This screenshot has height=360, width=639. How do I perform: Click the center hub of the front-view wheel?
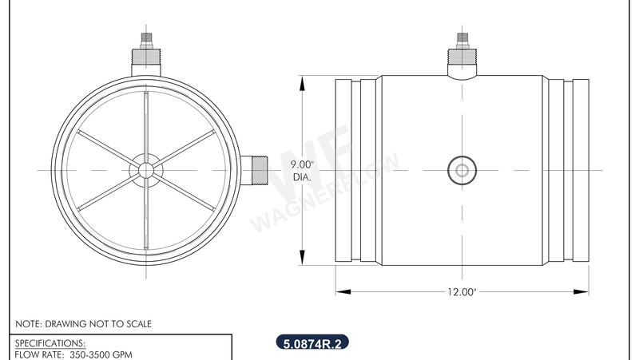145,169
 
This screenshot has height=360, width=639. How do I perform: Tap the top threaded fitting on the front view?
145,55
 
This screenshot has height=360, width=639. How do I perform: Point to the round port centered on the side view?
461,169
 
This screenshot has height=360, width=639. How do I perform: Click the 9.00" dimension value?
304,165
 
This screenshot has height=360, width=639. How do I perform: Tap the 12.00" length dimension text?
461,292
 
